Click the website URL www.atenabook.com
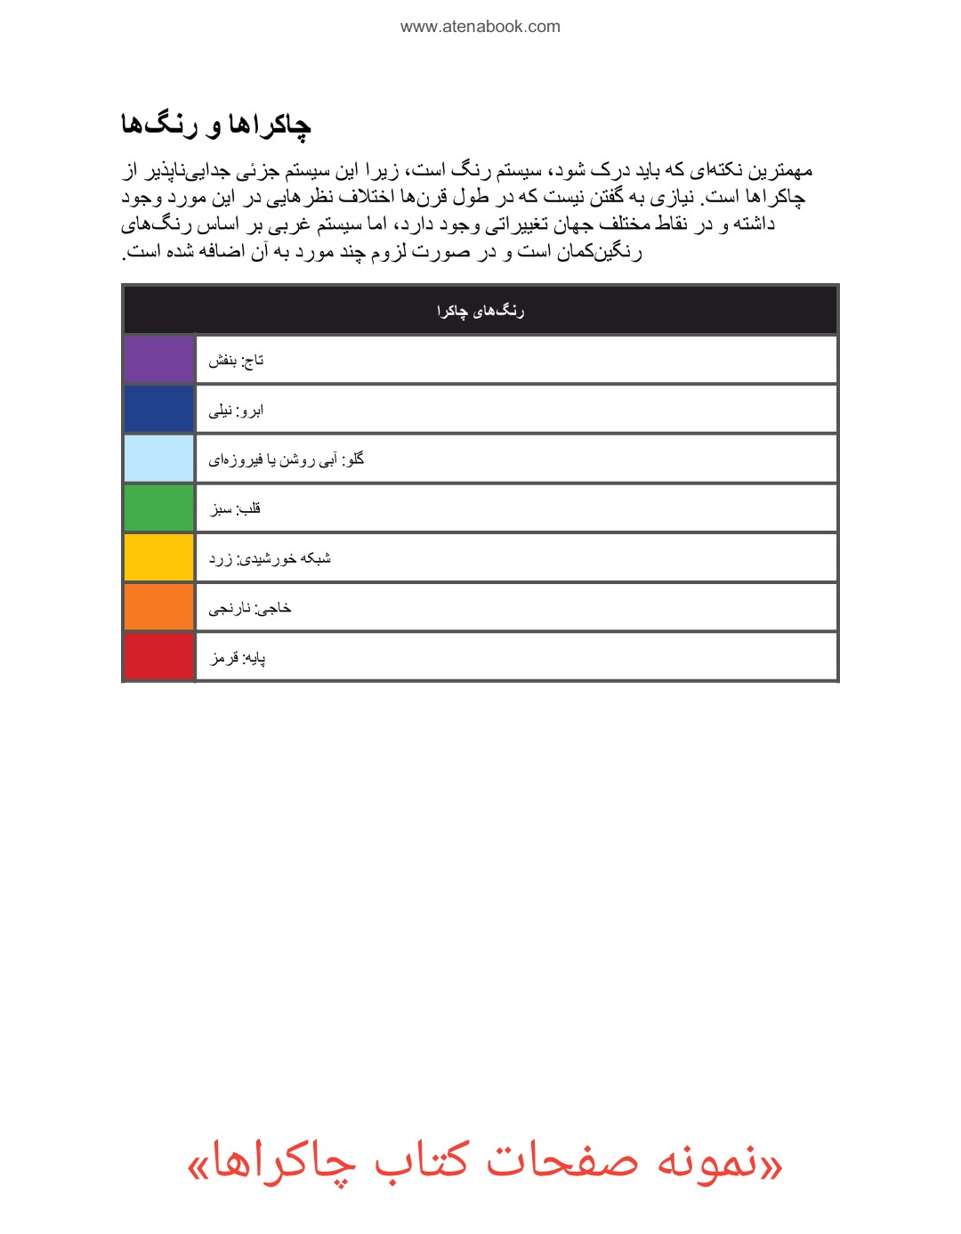point(480,27)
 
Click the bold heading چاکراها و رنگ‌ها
point(216,125)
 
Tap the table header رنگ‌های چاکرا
point(480,311)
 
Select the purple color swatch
point(159,360)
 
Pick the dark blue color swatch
point(159,410)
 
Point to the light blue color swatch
point(159,459)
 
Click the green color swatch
point(159,508)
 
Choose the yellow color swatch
point(159,558)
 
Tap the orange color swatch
point(159,607)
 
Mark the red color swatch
point(159,657)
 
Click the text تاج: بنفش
point(237,361)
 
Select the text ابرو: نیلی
point(236,410)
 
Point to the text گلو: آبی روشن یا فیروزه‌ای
point(287,459)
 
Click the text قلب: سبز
point(236,509)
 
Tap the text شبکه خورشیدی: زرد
point(270,559)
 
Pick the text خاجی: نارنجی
point(250,609)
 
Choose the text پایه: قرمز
point(238,658)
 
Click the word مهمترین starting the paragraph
point(779,170)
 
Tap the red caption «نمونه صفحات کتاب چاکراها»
point(485,1163)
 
